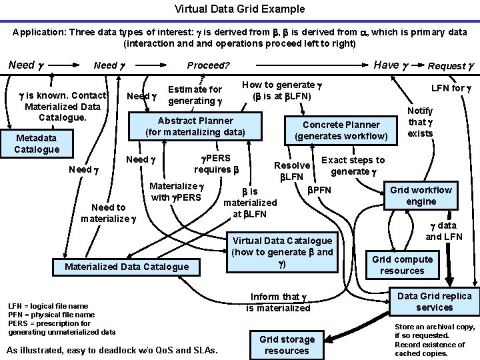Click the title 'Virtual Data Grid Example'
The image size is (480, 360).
(x=239, y=9)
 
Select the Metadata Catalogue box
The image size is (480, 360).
(x=37, y=143)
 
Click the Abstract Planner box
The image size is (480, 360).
(x=195, y=127)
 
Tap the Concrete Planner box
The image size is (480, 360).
(x=341, y=131)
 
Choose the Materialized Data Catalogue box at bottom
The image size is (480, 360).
(x=127, y=267)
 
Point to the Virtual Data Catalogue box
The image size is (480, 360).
(x=282, y=252)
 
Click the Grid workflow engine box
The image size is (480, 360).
(x=421, y=195)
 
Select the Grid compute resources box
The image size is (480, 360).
(x=402, y=265)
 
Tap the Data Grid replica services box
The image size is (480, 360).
(x=434, y=301)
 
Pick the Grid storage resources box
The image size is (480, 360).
(x=287, y=345)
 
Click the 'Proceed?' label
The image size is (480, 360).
(x=208, y=65)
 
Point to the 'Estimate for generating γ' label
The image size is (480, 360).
(x=195, y=95)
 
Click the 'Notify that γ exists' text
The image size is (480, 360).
(x=420, y=122)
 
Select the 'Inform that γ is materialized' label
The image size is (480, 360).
(x=278, y=302)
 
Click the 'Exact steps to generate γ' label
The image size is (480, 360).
(x=353, y=166)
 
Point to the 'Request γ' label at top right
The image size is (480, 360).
(x=451, y=65)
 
